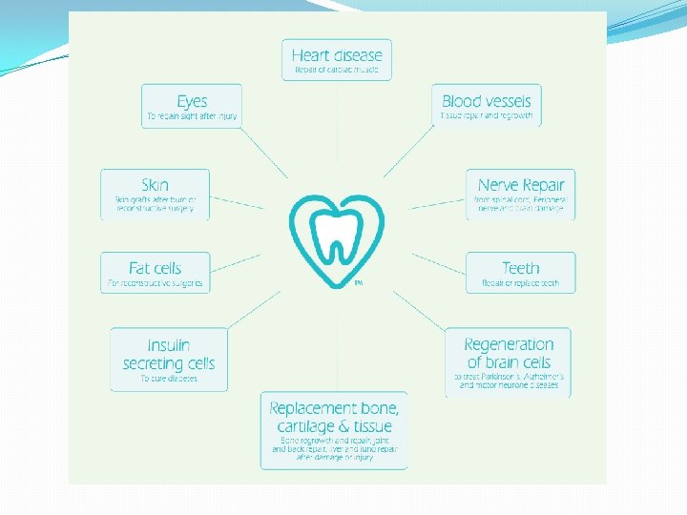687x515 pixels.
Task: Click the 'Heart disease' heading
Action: [x=337, y=55]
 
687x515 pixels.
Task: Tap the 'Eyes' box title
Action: [x=191, y=100]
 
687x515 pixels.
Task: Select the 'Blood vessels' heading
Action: [x=487, y=100]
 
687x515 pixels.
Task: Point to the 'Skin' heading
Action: [x=155, y=185]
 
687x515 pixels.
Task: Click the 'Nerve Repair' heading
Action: [x=521, y=185]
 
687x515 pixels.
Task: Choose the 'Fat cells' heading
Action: [x=155, y=268]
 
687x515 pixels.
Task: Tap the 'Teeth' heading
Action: [x=521, y=268]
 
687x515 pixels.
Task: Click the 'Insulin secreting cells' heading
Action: [x=169, y=354]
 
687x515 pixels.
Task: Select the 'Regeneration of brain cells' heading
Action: [x=509, y=353]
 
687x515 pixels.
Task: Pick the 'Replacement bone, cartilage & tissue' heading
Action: [x=333, y=417]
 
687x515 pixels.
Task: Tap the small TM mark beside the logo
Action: [x=358, y=282]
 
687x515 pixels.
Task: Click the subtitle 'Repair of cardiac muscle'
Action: [x=337, y=71]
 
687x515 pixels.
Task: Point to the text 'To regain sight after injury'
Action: [x=191, y=116]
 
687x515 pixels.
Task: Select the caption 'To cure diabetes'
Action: [x=169, y=379]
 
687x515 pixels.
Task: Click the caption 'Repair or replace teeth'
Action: [x=521, y=284]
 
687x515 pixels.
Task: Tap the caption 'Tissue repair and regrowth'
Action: [x=487, y=115]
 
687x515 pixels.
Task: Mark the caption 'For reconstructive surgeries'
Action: [x=155, y=283]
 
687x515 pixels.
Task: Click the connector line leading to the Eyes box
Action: [x=261, y=153]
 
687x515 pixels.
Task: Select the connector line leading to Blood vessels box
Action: [x=410, y=153]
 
